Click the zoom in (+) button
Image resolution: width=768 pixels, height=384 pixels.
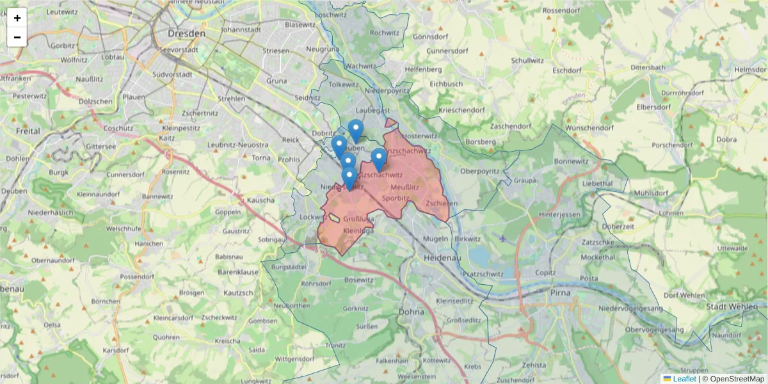click(x=17, y=18)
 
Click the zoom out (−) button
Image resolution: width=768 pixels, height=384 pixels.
click(x=17, y=37)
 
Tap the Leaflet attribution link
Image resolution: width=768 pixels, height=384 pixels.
click(x=684, y=379)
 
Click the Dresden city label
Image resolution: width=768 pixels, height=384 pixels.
click(x=186, y=33)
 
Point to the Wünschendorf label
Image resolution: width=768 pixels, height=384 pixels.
click(x=572, y=128)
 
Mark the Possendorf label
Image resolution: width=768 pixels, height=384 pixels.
click(x=138, y=276)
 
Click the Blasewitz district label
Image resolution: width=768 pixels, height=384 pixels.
click(x=301, y=25)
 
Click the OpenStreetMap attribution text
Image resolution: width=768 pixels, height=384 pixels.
click(x=733, y=379)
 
